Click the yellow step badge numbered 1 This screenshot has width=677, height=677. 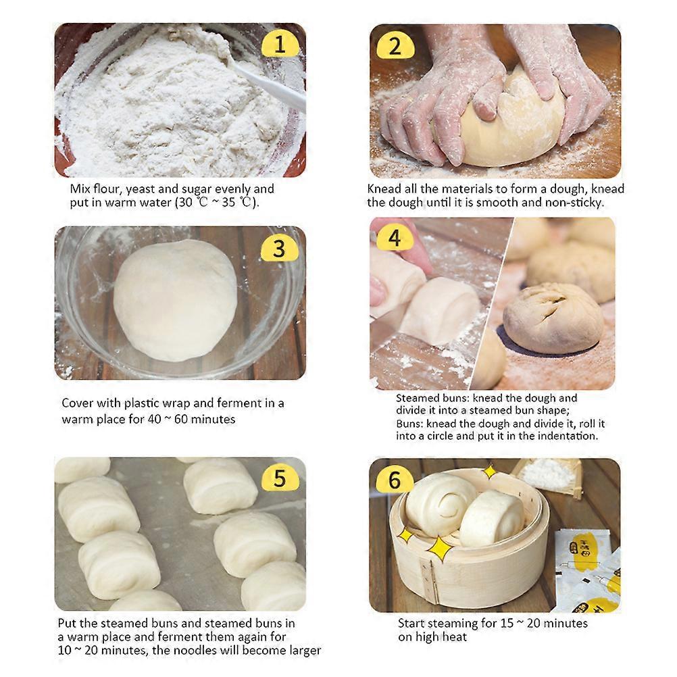(x=279, y=45)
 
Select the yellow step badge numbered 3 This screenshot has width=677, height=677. (x=278, y=249)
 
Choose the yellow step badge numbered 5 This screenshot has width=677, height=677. (x=279, y=478)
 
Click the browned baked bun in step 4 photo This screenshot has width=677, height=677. (x=553, y=318)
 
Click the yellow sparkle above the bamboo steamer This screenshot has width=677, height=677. (x=488, y=472)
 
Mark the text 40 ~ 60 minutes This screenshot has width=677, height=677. (x=192, y=419)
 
